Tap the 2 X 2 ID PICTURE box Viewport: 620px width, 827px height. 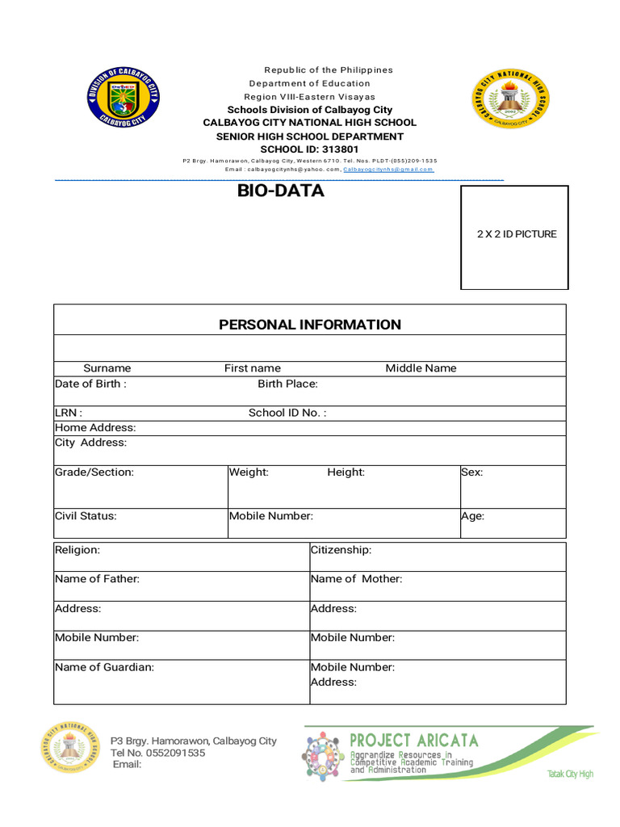click(514, 237)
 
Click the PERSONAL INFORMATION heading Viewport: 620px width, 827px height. click(310, 325)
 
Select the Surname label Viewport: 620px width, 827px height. click(107, 368)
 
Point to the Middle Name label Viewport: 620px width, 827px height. click(421, 368)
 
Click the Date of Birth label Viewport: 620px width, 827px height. click(90, 384)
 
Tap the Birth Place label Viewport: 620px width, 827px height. click(287, 384)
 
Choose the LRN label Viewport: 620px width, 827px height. click(68, 413)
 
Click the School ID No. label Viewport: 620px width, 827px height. click(287, 413)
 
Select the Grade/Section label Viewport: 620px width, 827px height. click(94, 472)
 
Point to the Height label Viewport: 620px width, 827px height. click(346, 472)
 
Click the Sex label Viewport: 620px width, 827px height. click(471, 472)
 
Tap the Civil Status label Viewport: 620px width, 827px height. click(86, 516)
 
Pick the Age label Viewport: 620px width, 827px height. click(472, 516)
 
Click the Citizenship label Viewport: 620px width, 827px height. click(341, 550)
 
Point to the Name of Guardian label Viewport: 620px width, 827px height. click(104, 667)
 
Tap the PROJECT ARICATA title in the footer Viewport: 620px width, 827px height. click(413, 740)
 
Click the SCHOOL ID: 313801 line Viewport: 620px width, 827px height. click(309, 149)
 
